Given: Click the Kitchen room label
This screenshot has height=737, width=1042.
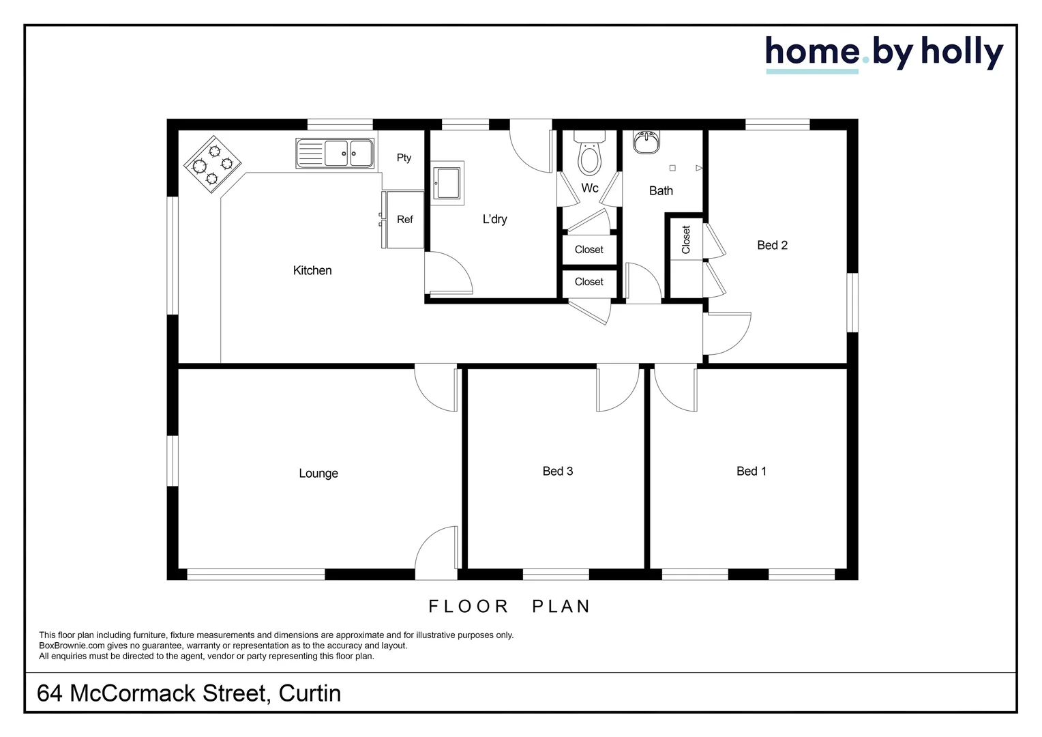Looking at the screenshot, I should click(312, 271).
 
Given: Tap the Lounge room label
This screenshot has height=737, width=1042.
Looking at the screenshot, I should click(318, 474).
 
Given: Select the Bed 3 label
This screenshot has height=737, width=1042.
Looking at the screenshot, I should click(558, 472).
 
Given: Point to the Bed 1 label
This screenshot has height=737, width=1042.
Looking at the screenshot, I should click(751, 472).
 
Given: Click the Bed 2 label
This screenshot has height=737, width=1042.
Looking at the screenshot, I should click(772, 246).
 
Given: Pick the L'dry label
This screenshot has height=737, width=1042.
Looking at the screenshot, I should click(494, 220).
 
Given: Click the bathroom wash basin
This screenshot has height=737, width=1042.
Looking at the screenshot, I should click(646, 142).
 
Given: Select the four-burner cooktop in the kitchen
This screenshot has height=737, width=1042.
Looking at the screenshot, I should click(213, 164).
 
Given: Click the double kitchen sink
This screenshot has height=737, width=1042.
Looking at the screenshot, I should click(335, 154).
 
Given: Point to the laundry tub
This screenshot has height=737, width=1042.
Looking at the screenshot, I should click(448, 183).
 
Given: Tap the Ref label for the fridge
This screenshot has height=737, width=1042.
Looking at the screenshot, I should click(405, 220).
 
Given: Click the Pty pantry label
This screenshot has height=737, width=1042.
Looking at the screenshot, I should click(404, 158).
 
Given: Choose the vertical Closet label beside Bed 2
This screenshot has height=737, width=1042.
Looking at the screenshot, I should click(686, 240).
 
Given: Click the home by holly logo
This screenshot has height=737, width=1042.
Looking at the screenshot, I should click(884, 53).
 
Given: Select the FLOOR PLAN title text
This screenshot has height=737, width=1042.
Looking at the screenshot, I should click(509, 607).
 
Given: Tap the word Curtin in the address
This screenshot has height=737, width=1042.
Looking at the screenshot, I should click(310, 693).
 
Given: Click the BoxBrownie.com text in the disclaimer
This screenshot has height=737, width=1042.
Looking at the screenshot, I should click(72, 646).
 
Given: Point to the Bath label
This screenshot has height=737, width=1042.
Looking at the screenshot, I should click(661, 191).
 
